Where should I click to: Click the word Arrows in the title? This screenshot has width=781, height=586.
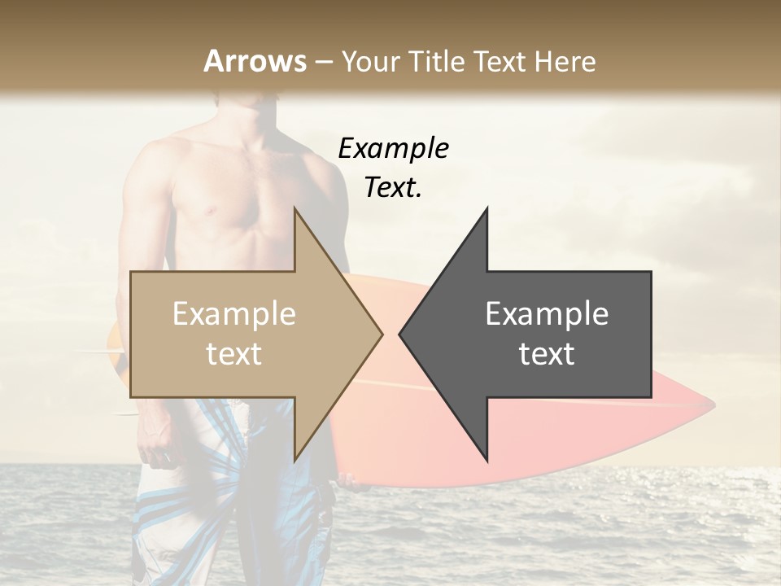[x=255, y=61]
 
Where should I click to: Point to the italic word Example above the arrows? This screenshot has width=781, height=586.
[x=393, y=148]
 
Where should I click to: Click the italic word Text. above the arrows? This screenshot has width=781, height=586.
[x=393, y=188]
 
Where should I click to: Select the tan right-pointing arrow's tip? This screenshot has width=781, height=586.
[x=381, y=334]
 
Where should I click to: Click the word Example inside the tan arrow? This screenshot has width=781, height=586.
[x=234, y=314]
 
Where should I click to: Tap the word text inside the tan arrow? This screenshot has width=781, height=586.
[x=234, y=354]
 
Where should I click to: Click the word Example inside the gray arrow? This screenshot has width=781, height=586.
[x=547, y=314]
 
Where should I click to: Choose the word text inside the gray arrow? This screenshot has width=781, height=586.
[x=547, y=354]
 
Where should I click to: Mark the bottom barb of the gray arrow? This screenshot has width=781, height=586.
[x=486, y=458]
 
